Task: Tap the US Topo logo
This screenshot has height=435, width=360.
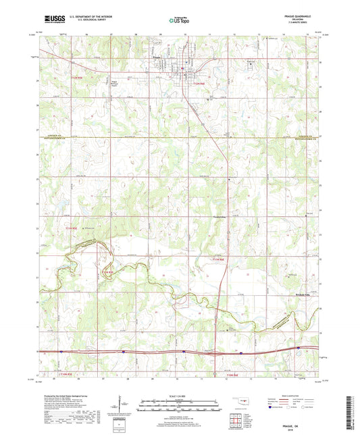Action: pyautogui.click(x=179, y=20)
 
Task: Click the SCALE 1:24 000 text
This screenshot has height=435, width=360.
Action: pyautogui.click(x=180, y=396)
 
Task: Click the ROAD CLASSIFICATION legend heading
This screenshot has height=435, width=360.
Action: pyautogui.click(x=295, y=396)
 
